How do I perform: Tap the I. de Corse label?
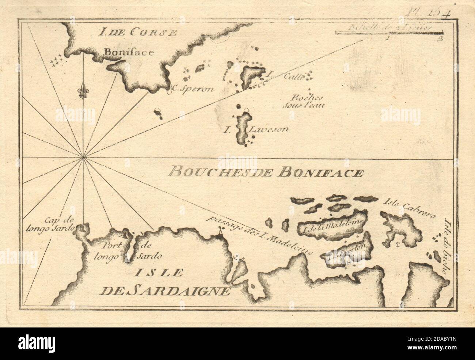pyautogui.click(x=138, y=32)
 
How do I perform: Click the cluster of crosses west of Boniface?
pyautogui.click(x=57, y=61)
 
